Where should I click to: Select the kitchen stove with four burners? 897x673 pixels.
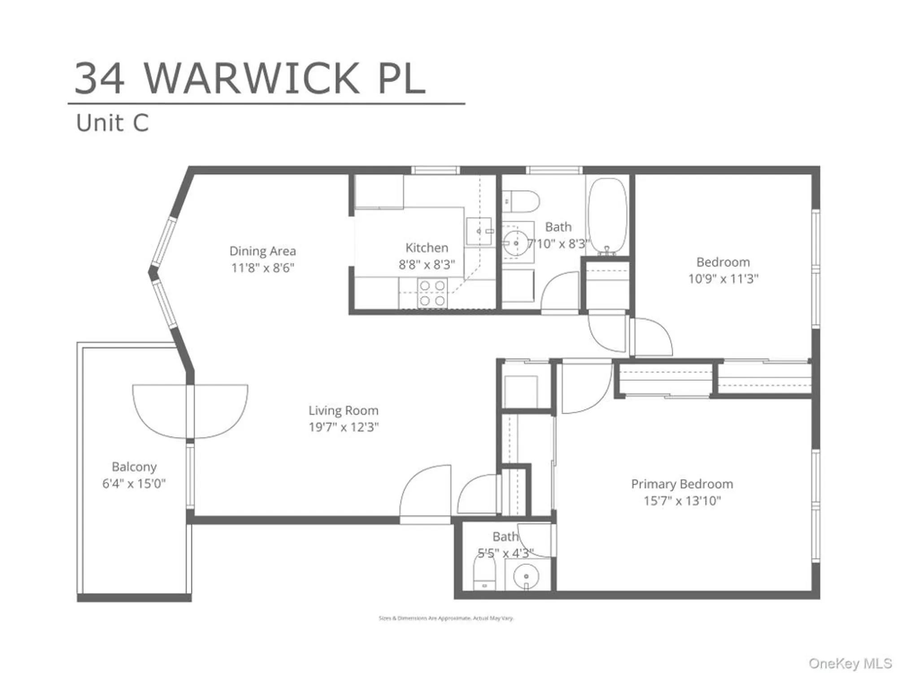click(432, 293)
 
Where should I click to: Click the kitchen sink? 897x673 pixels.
click(479, 231)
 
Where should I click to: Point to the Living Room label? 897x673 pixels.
click(343, 411)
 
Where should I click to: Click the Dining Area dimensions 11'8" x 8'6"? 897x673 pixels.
click(262, 268)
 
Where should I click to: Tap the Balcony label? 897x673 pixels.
click(134, 467)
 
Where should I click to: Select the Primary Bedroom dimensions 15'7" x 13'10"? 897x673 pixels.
click(682, 501)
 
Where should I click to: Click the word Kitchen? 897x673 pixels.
click(427, 248)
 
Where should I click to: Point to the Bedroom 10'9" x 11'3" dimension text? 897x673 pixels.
click(723, 279)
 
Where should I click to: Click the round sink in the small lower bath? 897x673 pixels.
click(526, 577)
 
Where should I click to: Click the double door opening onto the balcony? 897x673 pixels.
click(190, 411)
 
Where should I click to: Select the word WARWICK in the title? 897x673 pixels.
click(251, 79)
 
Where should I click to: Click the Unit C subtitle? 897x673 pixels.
click(112, 123)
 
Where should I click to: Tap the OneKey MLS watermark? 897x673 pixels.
click(849, 663)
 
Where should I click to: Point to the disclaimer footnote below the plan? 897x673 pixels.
click(446, 618)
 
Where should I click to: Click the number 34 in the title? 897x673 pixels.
click(100, 79)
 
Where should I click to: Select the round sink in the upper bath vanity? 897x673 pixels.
click(516, 243)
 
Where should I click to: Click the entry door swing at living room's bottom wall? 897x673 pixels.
click(425, 494)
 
